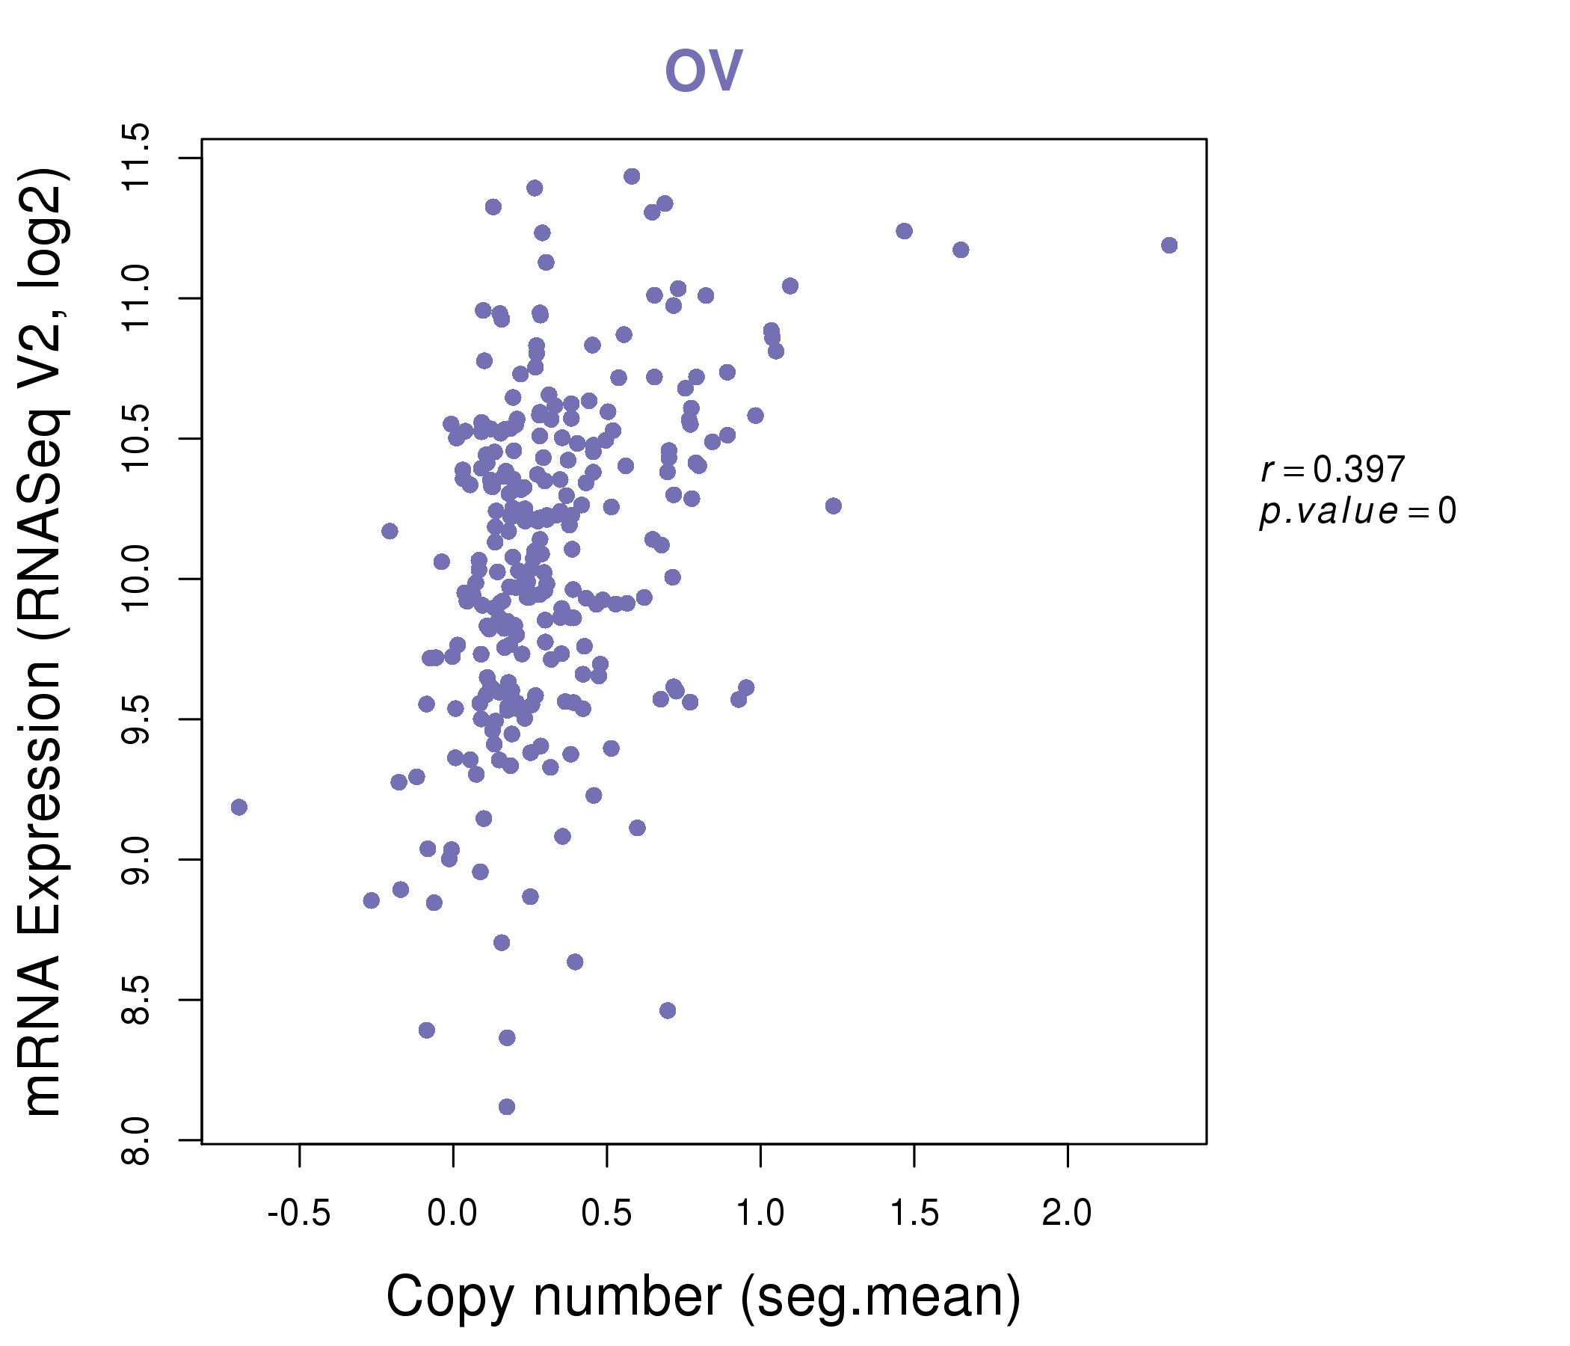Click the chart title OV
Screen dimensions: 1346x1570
point(704,70)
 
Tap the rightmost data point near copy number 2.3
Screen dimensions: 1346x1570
point(1169,245)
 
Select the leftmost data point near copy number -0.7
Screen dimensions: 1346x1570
point(238,807)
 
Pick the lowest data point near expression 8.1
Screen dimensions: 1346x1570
point(507,1107)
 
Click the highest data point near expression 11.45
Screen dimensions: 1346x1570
point(632,176)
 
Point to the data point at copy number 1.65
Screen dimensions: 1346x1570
point(961,250)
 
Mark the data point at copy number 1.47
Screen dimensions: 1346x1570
point(904,231)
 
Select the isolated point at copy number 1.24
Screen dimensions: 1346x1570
point(834,506)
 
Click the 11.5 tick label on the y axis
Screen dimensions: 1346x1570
point(137,158)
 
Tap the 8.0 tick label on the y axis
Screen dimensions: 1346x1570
point(137,1140)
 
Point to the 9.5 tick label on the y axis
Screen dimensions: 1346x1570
point(137,719)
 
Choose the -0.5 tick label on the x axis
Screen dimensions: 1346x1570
point(299,1214)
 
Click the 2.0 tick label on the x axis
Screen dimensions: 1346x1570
point(1067,1214)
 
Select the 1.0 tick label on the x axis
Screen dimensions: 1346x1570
point(760,1214)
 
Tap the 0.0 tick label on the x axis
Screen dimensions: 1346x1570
point(452,1214)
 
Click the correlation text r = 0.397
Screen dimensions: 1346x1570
point(1333,470)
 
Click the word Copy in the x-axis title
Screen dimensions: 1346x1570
point(450,1299)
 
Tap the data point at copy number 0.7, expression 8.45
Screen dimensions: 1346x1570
point(668,1010)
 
